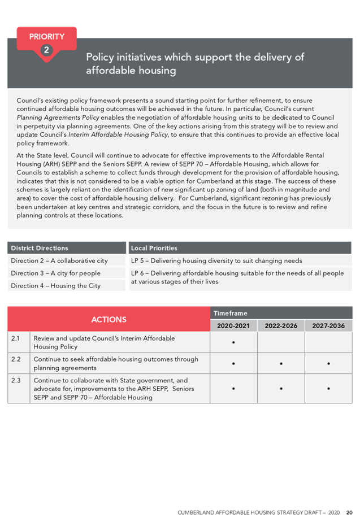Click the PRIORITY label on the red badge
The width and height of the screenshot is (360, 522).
coord(47,36)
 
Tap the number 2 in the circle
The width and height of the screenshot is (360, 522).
coord(47,50)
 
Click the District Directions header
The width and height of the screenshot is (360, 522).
coord(40,248)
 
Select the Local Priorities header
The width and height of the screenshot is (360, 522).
coord(154,248)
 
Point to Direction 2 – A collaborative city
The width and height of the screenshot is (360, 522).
coord(59,260)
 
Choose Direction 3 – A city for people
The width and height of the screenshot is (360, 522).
coord(55,273)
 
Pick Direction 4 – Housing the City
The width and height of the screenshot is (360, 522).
coord(55,285)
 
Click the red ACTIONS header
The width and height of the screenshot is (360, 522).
coord(109,319)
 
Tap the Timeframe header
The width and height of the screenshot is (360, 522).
coord(231,313)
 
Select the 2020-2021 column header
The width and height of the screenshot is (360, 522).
coord(233,326)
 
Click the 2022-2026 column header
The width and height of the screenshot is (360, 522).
coord(281,326)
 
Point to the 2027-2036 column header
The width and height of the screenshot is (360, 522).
coord(328,326)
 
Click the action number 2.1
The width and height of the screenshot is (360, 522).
coord(16,338)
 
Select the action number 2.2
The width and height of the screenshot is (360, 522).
coord(16,359)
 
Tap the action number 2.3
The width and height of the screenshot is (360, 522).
coord(16,380)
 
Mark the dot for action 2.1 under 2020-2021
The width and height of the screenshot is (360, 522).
coord(233,342)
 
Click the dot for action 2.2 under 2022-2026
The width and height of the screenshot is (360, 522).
coord(281,363)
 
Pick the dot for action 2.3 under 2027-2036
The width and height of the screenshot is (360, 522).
coord(328,389)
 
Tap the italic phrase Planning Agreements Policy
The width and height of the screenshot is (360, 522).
coord(54,117)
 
